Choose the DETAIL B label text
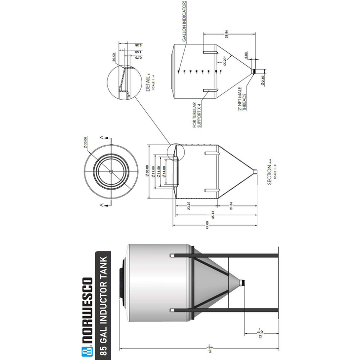pos(148,82)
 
